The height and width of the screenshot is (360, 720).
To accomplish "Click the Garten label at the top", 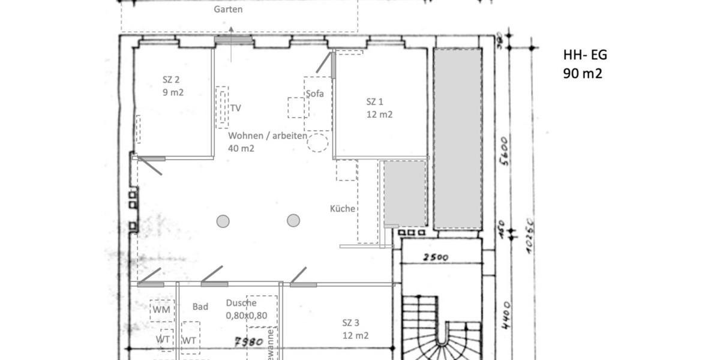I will tap(228, 10).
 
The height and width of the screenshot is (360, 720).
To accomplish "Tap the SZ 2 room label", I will tap(171, 79).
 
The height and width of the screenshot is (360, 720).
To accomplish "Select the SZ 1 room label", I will tap(375, 101).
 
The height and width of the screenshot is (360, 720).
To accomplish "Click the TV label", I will tap(236, 108).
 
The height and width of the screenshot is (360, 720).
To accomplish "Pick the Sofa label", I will tap(314, 94).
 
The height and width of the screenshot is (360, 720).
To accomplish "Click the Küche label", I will tap(343, 209).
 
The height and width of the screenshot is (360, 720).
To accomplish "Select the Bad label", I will tap(200, 307).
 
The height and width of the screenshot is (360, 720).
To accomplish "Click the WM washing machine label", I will tap(161, 310).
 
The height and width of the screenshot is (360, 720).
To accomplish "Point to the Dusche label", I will tap(242, 303).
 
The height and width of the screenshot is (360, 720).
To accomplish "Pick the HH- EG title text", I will tap(585, 55).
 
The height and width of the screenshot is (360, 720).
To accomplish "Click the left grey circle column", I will tap(223, 221).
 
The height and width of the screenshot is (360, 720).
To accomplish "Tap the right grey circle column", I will tap(293, 221).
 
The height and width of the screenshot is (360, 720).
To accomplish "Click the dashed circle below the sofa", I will tap(317, 143).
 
